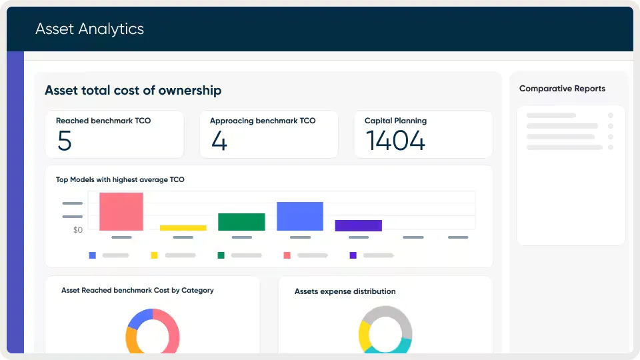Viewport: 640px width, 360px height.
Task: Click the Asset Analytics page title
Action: tap(89, 29)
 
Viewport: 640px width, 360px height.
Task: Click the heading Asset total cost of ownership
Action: tap(133, 91)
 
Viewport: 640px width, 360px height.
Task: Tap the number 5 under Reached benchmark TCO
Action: tap(64, 141)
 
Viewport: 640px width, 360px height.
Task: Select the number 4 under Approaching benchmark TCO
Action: tap(219, 141)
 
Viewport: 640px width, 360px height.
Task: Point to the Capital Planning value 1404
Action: tap(395, 141)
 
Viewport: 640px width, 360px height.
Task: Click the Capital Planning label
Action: tap(395, 121)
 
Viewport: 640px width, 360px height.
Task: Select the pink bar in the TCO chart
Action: tap(121, 211)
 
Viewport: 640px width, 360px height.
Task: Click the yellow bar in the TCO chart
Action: tap(183, 228)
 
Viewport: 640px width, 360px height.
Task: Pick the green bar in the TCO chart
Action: tap(241, 222)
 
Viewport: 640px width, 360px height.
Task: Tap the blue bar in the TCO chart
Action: tap(300, 216)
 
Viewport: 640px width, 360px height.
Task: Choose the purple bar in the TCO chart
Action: tap(358, 225)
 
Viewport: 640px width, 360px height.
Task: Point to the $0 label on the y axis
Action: tap(77, 230)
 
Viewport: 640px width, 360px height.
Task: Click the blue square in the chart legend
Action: tap(92, 255)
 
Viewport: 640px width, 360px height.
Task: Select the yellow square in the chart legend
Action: tap(154, 255)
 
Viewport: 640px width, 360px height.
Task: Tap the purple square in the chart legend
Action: tap(353, 255)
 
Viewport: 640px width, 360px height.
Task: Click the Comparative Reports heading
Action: tap(562, 89)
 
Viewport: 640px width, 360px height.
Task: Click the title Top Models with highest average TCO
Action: tap(120, 179)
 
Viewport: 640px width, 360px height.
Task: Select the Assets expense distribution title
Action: tap(345, 291)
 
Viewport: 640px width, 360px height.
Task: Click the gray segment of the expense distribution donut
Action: tap(393, 313)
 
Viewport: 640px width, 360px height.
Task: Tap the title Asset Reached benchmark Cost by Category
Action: tap(137, 291)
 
